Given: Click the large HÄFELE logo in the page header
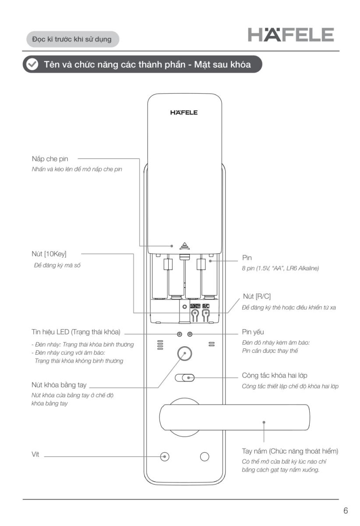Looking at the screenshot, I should pyautogui.click(x=291, y=35).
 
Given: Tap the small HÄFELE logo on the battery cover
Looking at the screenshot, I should pyautogui.click(x=184, y=113).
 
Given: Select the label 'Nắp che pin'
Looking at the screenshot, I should pyautogui.click(x=50, y=159).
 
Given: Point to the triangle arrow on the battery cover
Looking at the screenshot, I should pyautogui.click(x=184, y=246).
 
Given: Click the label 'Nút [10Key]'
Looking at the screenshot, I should pyautogui.click(x=49, y=253).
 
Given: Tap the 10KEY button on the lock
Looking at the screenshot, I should pyautogui.click(x=195, y=313).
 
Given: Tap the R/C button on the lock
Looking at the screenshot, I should pyautogui.click(x=205, y=313).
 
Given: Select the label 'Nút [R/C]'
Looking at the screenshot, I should pyautogui.click(x=256, y=297).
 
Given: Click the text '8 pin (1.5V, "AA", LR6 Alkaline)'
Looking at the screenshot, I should pyautogui.click(x=280, y=268).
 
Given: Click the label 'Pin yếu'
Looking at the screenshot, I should pyautogui.click(x=253, y=332).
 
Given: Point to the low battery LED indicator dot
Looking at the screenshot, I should pyautogui.click(x=190, y=334).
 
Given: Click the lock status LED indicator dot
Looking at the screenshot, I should pyautogui.click(x=180, y=334).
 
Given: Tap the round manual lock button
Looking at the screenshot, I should pyautogui.click(x=184, y=353).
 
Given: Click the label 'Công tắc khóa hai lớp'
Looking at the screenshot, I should pyautogui.click(x=281, y=376).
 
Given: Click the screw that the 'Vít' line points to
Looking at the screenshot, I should pyautogui.click(x=165, y=456).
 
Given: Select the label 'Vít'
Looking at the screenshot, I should pyautogui.click(x=35, y=455).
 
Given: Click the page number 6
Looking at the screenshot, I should pyautogui.click(x=346, y=511).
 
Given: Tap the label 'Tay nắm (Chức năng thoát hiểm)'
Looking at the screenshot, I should pyautogui.click(x=290, y=451).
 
